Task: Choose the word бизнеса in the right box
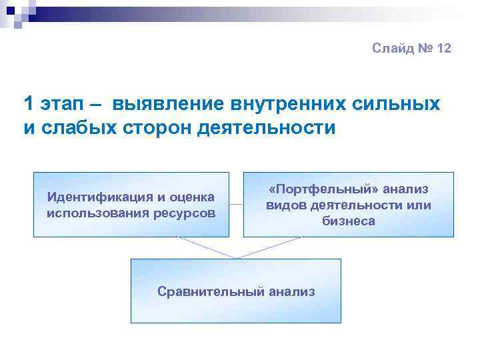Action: click(349, 221)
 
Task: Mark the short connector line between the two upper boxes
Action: click(236, 204)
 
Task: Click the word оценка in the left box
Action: click(192, 197)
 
